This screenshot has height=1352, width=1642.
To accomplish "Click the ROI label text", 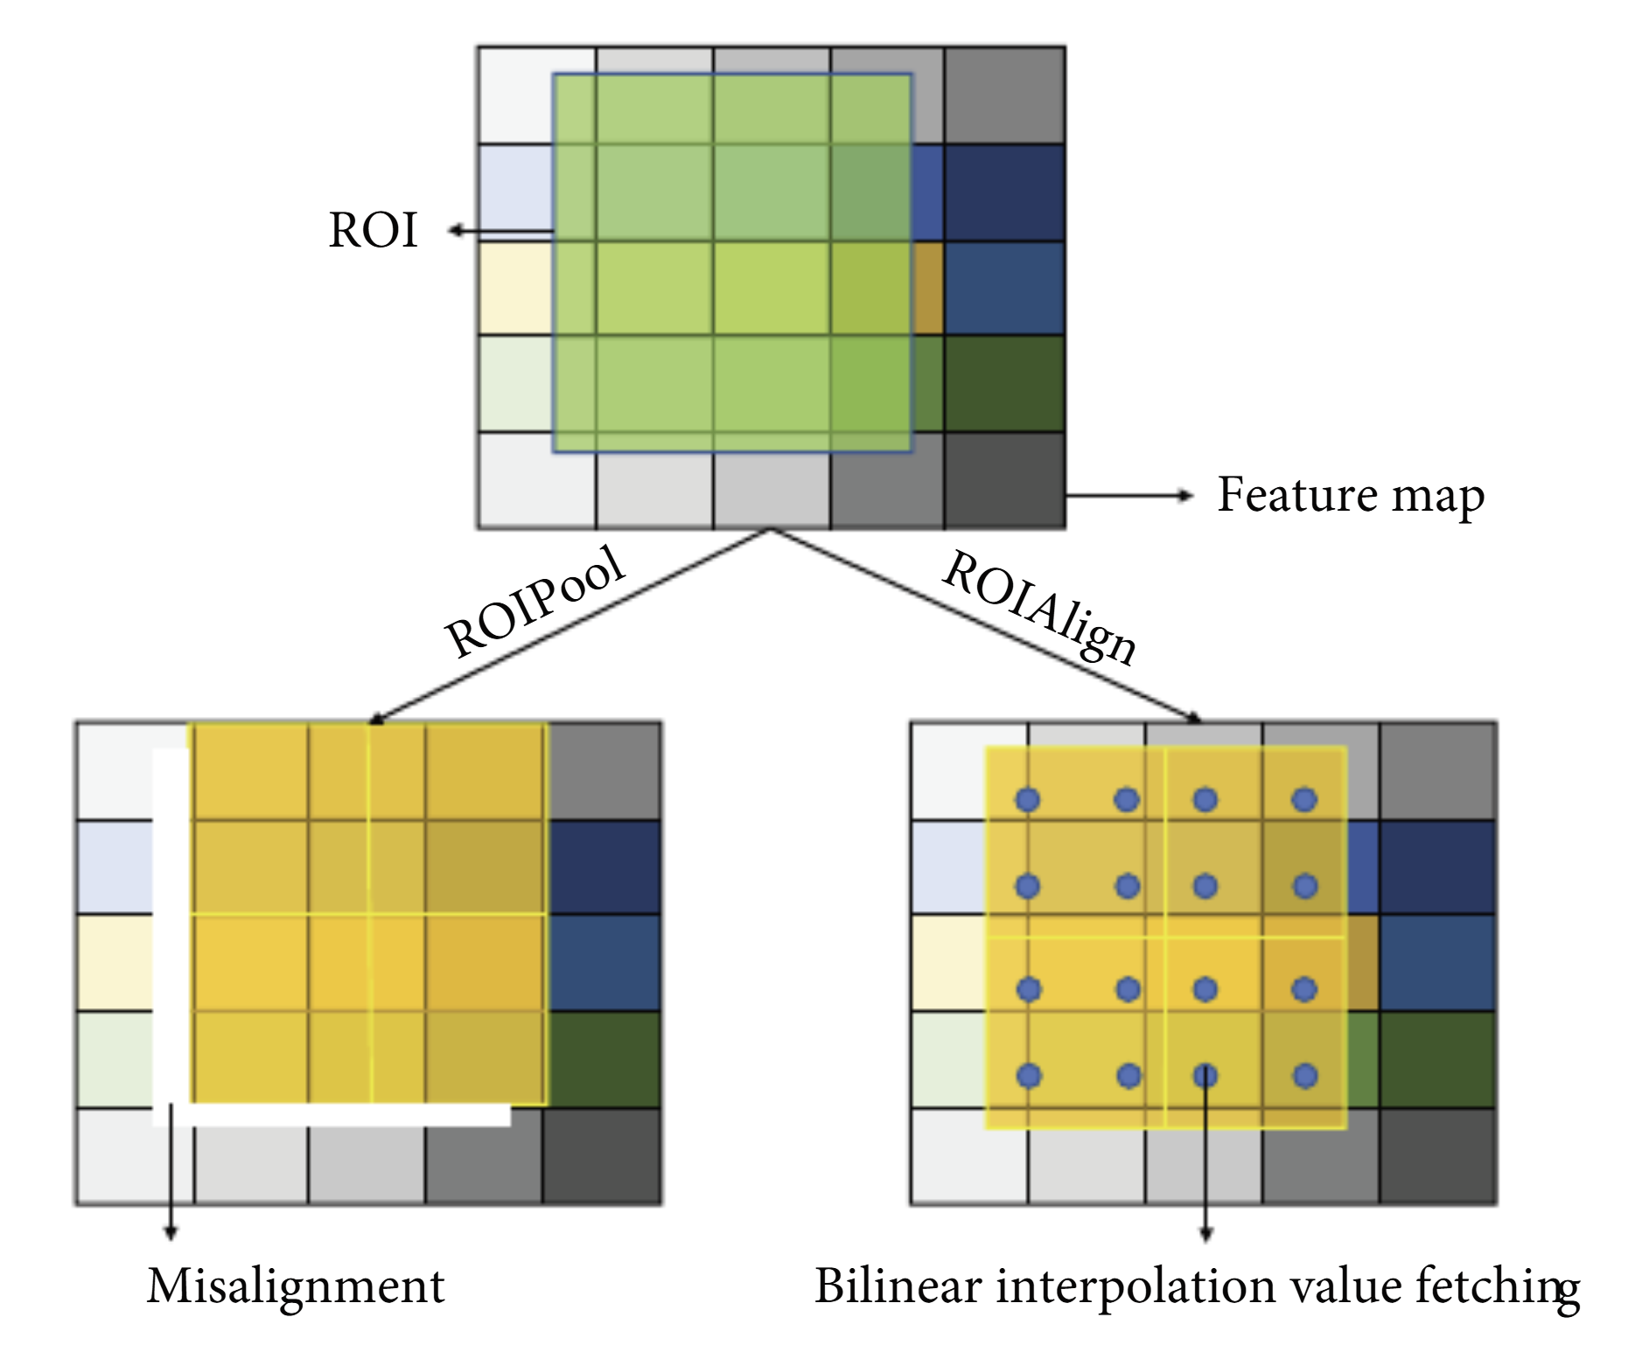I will [374, 231].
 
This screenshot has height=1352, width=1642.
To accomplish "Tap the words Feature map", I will [1350, 496].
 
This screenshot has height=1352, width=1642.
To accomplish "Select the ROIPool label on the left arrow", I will [535, 603].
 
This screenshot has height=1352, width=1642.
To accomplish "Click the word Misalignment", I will [296, 1286].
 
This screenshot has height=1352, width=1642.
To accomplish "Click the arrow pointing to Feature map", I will [1128, 496].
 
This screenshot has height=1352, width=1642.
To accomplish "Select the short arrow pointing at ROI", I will [499, 231].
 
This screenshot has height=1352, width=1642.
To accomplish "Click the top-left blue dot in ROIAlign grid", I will [1027, 799].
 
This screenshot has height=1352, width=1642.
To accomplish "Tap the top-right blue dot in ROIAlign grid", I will [1304, 799].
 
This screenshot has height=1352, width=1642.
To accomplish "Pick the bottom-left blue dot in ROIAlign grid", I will [1029, 1076].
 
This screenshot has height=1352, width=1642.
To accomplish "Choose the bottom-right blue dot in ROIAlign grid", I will [1305, 1076].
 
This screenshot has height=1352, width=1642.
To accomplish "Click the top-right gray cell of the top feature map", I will [1004, 95].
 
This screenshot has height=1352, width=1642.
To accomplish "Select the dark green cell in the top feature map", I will [1004, 383].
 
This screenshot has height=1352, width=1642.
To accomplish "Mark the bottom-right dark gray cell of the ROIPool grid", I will [602, 1156].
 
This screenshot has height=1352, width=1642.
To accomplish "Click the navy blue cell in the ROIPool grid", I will [604, 867].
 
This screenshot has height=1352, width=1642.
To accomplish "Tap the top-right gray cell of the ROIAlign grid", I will [1437, 770].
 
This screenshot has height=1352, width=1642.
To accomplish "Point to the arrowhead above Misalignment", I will [171, 1232].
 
